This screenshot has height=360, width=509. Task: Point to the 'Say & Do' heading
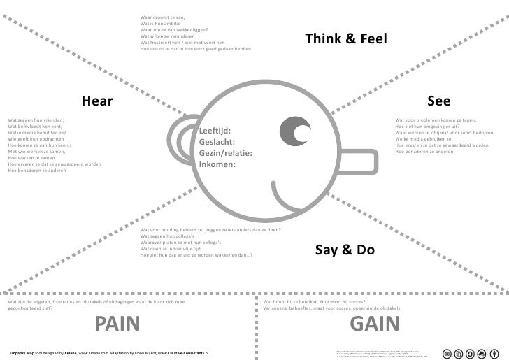point(345,250)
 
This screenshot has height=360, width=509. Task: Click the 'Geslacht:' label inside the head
point(216,142)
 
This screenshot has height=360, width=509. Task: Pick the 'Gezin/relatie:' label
point(225,153)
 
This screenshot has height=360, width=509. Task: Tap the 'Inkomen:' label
point(217,164)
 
